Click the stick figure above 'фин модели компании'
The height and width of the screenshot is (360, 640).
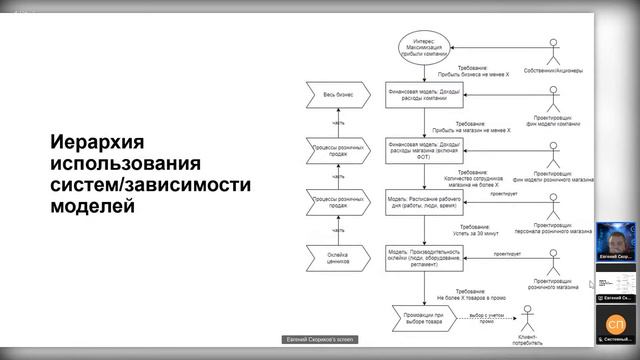[x=552, y=99]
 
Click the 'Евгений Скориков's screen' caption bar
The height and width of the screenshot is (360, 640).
[x=316, y=340]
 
